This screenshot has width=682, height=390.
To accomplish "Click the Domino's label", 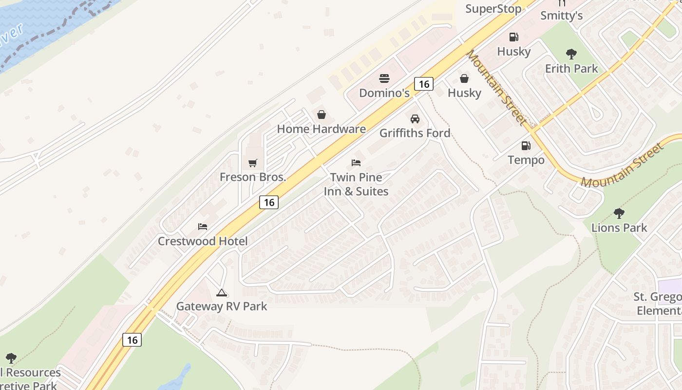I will pos(384,93).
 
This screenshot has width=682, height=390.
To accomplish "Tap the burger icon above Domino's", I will pos(384,78).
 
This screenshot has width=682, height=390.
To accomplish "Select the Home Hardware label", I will pos(321,129).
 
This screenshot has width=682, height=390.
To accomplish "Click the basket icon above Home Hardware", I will pos(322,115).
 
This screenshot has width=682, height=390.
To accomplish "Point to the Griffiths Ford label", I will pos(415,133).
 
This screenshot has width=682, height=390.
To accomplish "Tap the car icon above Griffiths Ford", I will pos(415,118).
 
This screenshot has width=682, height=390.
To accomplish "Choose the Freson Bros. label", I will pos(252,177).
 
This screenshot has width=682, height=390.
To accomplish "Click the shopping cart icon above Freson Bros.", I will pos(252,163).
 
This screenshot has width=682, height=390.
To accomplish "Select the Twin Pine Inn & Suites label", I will pos(356,184).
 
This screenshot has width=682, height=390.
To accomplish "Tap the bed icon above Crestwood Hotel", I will pos(203,227).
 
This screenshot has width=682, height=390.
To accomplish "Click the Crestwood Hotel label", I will pos(203,241).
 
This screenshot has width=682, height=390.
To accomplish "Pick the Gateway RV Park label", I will pos(222,306).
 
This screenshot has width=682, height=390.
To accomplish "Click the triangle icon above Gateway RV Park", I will pos(222,292).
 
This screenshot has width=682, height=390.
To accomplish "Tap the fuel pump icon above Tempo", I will pos(526,145).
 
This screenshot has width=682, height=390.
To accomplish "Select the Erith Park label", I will pos(571,68).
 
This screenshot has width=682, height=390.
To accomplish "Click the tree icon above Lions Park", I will pos(619,213).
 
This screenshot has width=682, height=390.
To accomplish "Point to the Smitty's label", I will pos(562,16).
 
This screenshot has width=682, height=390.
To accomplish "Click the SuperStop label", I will pos(493,9).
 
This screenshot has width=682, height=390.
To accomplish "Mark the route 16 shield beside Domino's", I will pos(424,84).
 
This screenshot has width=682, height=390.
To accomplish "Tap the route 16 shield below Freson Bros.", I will pos(269,202).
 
